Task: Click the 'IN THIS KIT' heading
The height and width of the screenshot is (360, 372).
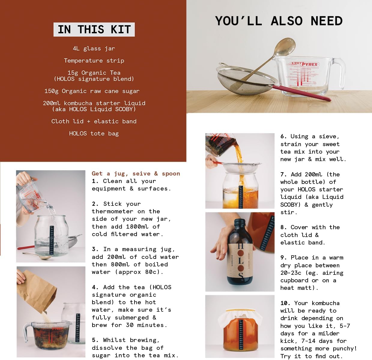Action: pyautogui.click(x=94, y=29)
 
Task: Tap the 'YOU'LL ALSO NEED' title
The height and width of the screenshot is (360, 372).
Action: pyautogui.click(x=279, y=21)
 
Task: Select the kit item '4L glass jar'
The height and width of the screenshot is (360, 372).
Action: pyautogui.click(x=94, y=49)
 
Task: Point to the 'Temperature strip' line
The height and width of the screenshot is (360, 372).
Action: pyautogui.click(x=94, y=61)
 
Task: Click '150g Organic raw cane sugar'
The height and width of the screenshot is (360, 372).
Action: pyautogui.click(x=92, y=91)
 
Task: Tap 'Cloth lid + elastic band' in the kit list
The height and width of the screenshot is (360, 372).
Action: pyautogui.click(x=94, y=121)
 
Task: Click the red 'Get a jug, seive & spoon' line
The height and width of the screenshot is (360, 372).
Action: pyautogui.click(x=136, y=173)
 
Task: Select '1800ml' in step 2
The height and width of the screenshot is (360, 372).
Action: pyautogui.click(x=137, y=226)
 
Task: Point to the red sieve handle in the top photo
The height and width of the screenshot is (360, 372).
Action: pyautogui.click(x=301, y=93)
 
